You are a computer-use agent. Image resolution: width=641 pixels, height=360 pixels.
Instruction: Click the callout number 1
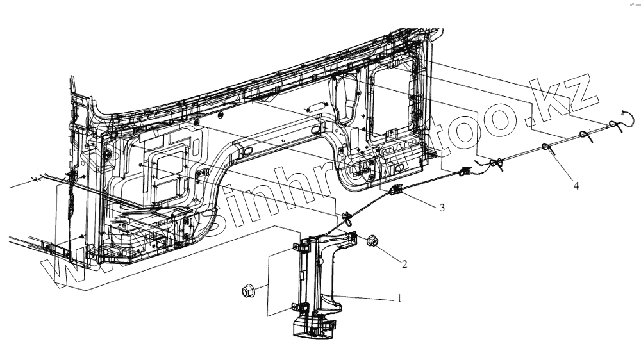pos(400,298)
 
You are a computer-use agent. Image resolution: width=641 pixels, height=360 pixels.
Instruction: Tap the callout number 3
pos(442,208)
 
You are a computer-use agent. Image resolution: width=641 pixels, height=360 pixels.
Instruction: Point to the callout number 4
pos(576,186)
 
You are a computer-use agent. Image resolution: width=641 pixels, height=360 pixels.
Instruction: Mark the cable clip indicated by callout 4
pos(547,147)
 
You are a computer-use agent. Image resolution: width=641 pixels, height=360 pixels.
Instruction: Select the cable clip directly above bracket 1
pos(346,218)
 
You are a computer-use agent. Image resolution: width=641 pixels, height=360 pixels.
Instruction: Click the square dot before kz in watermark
pos(529,120)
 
